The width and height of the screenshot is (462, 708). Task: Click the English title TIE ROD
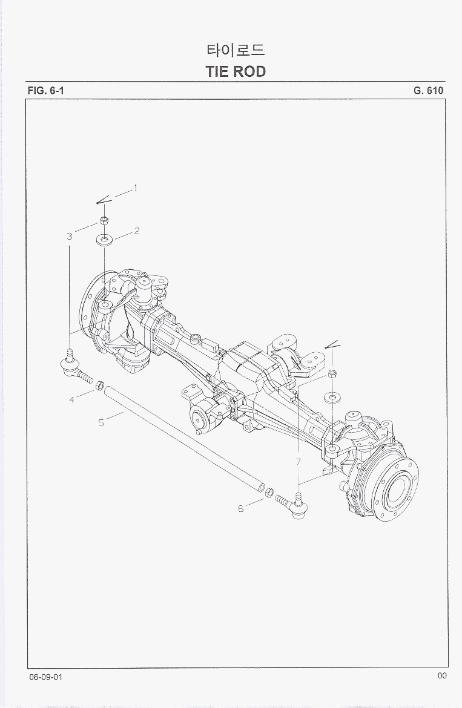click(236, 71)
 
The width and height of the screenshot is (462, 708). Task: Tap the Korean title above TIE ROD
click(236, 50)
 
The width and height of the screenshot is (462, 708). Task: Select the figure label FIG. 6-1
click(45, 90)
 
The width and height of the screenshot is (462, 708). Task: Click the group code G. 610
click(428, 90)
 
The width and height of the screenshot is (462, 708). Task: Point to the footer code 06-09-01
click(45, 677)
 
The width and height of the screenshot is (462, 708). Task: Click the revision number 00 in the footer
click(441, 675)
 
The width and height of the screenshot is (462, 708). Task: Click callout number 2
click(137, 231)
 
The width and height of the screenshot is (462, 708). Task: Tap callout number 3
click(70, 236)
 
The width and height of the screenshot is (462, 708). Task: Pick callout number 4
click(72, 400)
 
